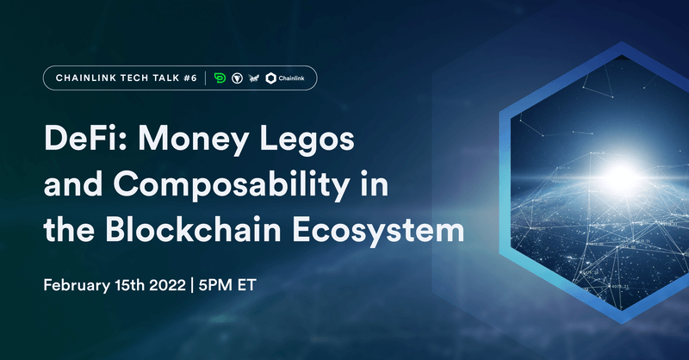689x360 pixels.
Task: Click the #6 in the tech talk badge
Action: pyautogui.click(x=189, y=78)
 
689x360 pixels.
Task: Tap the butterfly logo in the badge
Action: pyautogui.click(x=253, y=78)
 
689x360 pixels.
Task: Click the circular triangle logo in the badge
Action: pyautogui.click(x=236, y=78)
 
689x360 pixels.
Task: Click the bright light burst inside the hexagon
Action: pyautogui.click(x=614, y=171)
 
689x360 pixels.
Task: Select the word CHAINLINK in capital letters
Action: pyautogui.click(x=83, y=78)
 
